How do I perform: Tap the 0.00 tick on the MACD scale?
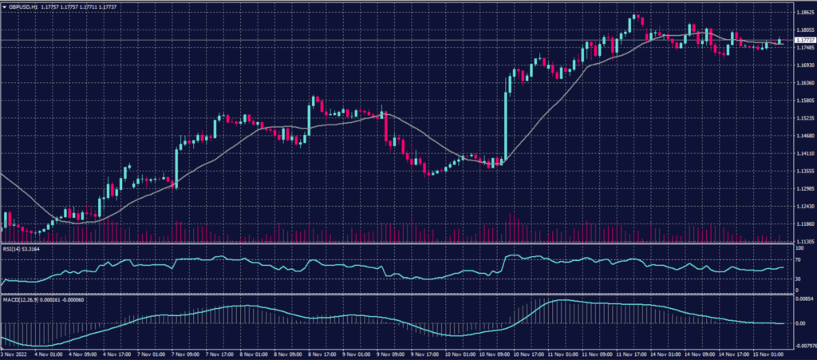[799, 323]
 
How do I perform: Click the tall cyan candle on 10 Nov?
[506, 120]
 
